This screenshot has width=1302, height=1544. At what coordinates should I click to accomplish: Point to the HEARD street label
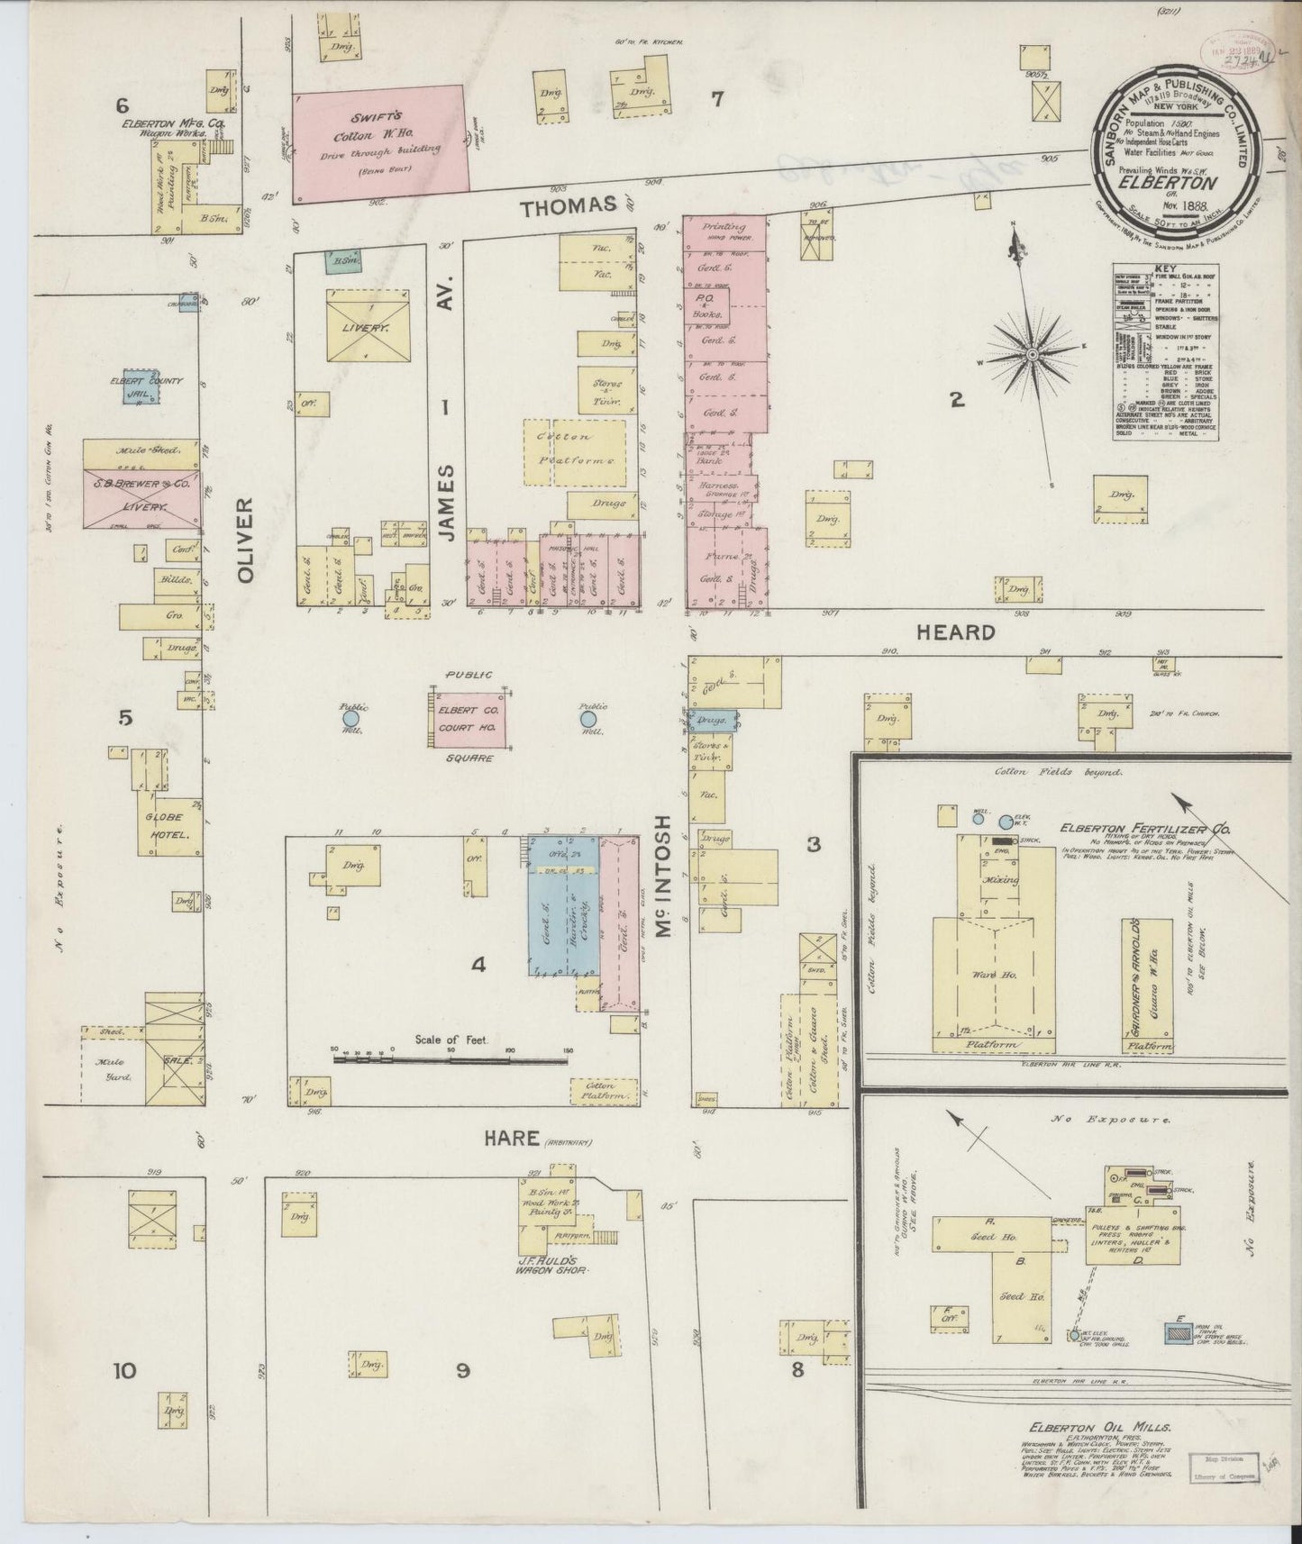tap(955, 632)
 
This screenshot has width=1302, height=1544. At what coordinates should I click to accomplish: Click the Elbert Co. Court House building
tap(468, 719)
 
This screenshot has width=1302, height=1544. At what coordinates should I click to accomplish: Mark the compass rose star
tap(1035, 351)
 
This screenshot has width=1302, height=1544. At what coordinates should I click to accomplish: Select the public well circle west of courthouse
tap(350, 719)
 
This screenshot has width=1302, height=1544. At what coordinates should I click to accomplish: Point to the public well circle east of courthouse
tap(588, 719)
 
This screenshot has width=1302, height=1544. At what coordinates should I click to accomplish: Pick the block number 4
tap(478, 965)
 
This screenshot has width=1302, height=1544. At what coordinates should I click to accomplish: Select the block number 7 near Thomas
tap(717, 100)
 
